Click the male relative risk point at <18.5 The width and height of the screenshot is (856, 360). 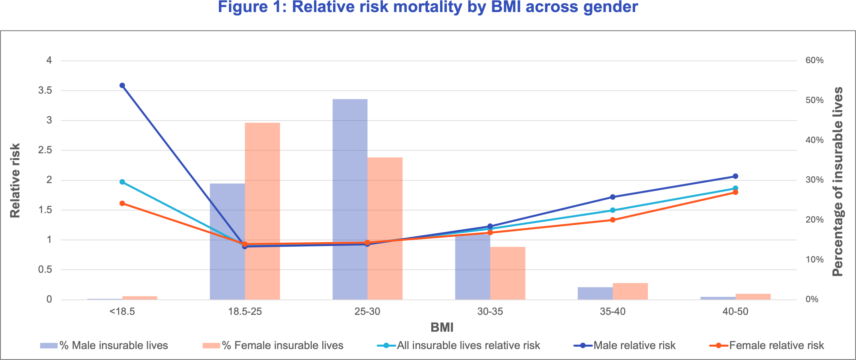click(x=122, y=86)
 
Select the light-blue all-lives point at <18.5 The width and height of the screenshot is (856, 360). click(x=122, y=182)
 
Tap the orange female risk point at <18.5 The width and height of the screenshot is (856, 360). click(x=122, y=203)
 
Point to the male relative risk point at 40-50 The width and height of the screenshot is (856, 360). click(x=735, y=176)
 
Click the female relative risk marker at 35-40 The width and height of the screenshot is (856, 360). click(x=613, y=220)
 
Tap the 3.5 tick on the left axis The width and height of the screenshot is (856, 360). click(x=45, y=90)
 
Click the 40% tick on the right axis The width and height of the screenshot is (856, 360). click(x=814, y=140)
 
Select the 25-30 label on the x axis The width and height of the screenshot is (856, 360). click(x=367, y=312)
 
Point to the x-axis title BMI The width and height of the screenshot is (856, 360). click(x=442, y=327)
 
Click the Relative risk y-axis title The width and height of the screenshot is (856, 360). click(x=15, y=181)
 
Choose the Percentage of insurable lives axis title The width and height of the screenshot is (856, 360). click(x=838, y=182)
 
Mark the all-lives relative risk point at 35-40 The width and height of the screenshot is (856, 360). click(x=613, y=210)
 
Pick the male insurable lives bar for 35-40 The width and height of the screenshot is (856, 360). click(x=595, y=293)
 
